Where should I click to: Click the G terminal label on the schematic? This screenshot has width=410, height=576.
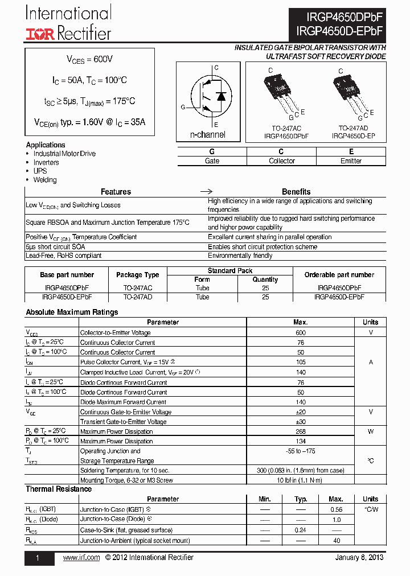pos(183,107)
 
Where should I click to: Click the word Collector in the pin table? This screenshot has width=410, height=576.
pos(281,161)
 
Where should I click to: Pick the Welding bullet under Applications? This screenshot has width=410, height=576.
pos(45,180)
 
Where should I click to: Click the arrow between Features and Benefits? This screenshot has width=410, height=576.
pos(208,192)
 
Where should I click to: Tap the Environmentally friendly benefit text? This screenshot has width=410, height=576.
pos(240,256)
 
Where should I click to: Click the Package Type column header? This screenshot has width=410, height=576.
pos(138,275)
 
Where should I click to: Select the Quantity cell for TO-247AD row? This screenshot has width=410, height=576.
pos(265,297)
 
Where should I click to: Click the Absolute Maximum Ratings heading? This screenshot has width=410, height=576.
pos(72,312)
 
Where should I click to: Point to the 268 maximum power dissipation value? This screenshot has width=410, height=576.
pos(301,431)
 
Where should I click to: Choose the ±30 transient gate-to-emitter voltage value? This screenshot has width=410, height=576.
pos(301,422)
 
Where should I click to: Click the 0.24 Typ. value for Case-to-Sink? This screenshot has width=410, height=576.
pos(301,530)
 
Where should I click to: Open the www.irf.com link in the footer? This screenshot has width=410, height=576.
pos(81,558)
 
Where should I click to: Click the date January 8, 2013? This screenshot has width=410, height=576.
pos(360,558)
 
